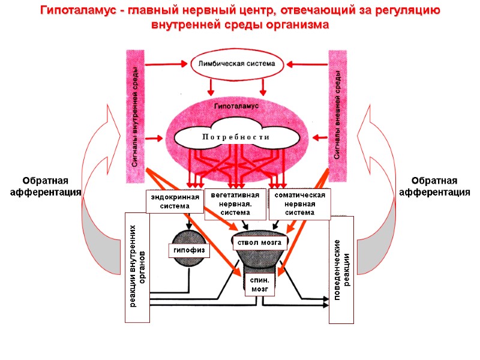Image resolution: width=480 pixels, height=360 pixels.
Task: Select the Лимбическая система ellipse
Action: click(235, 64)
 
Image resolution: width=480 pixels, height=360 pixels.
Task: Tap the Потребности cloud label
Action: click(235, 137)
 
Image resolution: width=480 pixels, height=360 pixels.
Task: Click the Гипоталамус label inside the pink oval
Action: click(236, 106)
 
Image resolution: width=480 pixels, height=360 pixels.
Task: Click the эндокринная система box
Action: click(168, 201)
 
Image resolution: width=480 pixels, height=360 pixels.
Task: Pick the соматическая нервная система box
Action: click(300, 203)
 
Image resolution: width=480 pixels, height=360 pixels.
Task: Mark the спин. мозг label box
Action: click(259, 284)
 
